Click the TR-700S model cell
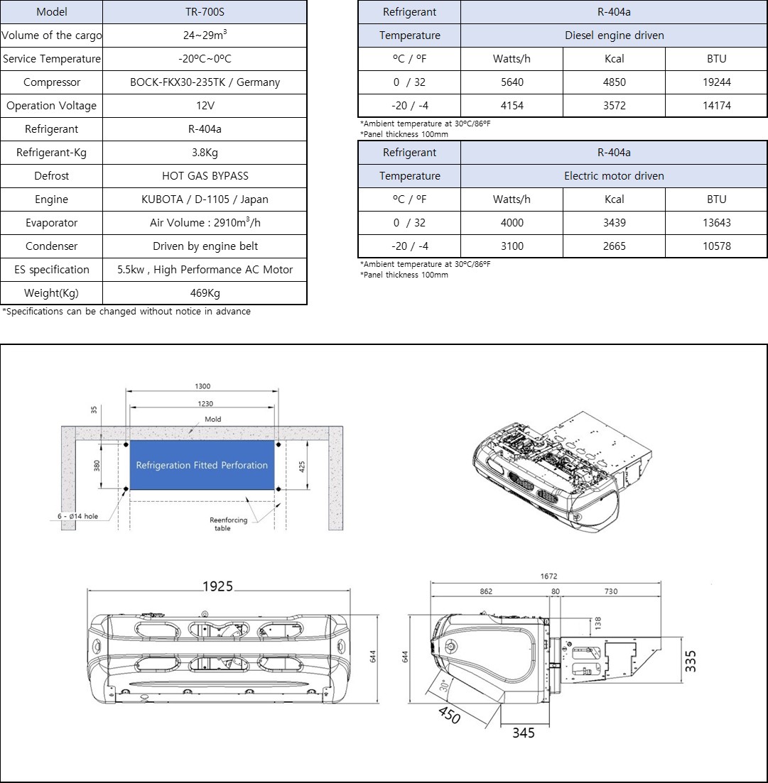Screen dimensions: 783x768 coord(205,12)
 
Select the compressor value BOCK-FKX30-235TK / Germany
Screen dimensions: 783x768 coord(205,82)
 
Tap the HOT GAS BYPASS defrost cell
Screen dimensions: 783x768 coord(205,176)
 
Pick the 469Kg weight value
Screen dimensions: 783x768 coord(205,293)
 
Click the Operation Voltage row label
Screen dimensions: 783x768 coord(51,106)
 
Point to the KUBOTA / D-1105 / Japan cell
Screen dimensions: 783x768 coord(205,199)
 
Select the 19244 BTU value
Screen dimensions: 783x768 coord(716,82)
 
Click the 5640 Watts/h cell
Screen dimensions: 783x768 coord(512,82)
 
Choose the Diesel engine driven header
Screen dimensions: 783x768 coord(614,35)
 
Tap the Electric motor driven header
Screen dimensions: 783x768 coord(614,176)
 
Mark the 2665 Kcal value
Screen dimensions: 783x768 coord(614,246)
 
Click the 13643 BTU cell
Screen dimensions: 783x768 coord(716,223)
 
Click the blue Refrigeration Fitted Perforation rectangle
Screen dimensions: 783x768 coord(202,466)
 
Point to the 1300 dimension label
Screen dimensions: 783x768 coord(202,387)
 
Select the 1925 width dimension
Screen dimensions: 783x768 coord(218,586)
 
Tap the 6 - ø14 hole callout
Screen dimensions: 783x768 coord(78,516)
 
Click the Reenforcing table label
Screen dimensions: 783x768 coord(229,524)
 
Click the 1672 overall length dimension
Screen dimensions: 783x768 coord(548,577)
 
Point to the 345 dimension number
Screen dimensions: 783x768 coord(523,733)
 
